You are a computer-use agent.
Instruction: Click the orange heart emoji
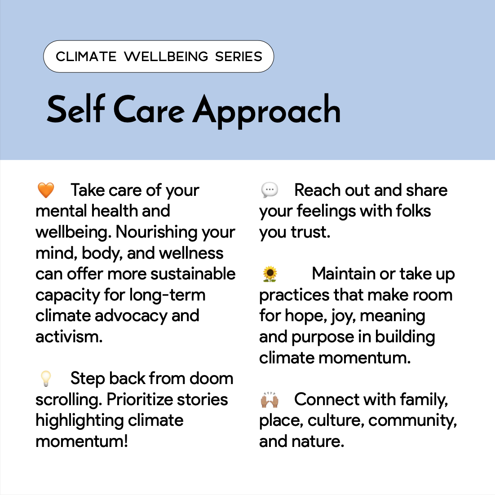click(46, 190)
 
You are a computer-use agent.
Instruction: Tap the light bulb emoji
click(46, 378)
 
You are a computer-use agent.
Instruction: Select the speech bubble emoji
click(270, 190)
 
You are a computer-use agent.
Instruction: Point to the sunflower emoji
click(270, 274)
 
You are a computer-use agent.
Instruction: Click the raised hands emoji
click(270, 399)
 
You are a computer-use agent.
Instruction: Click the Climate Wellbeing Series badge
click(159, 57)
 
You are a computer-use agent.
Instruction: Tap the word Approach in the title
click(267, 111)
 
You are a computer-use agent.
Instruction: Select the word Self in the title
click(76, 109)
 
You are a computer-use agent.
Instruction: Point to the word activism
click(69, 336)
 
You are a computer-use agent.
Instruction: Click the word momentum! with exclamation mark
click(82, 442)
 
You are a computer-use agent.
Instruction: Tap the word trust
click(311, 232)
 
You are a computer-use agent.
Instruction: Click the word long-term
click(167, 295)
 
